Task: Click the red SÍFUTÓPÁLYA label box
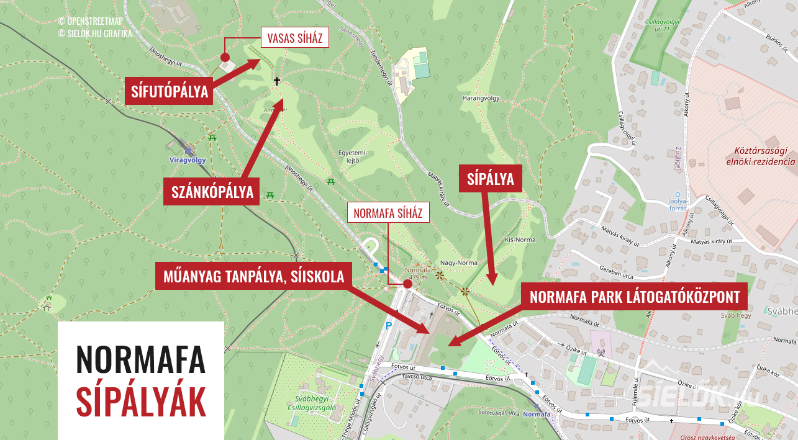tap(169, 92)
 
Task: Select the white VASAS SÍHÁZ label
tap(294, 38)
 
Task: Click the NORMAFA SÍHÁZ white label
tap(388, 213)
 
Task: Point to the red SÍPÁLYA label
tap(491, 179)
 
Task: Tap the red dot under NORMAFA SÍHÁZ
tap(407, 284)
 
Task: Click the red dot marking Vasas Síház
tap(225, 56)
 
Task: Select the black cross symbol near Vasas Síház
tap(277, 81)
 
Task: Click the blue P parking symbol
tap(389, 325)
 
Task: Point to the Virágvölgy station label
tap(187, 159)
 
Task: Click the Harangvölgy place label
tap(481, 98)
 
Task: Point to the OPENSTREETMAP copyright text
tap(94, 21)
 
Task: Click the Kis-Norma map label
tap(520, 239)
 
